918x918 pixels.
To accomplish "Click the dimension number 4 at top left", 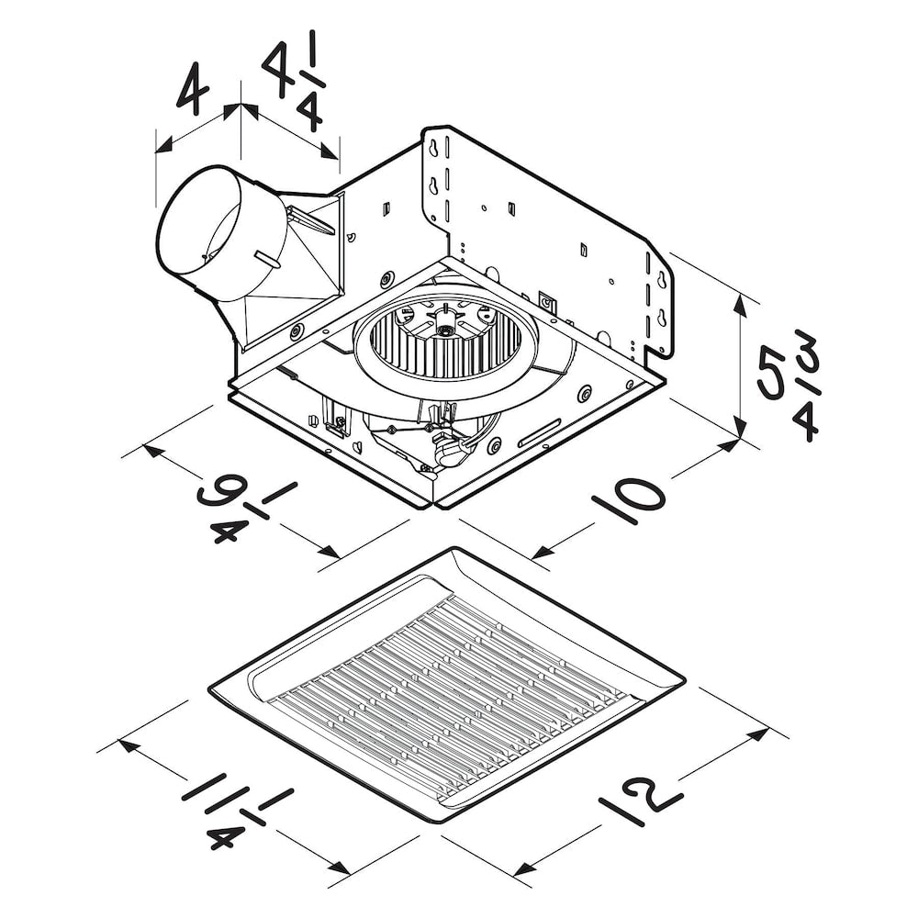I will pyautogui.click(x=193, y=90).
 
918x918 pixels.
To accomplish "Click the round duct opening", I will pyautogui.click(x=204, y=232).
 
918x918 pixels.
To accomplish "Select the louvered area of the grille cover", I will pyautogui.click(x=450, y=698).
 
